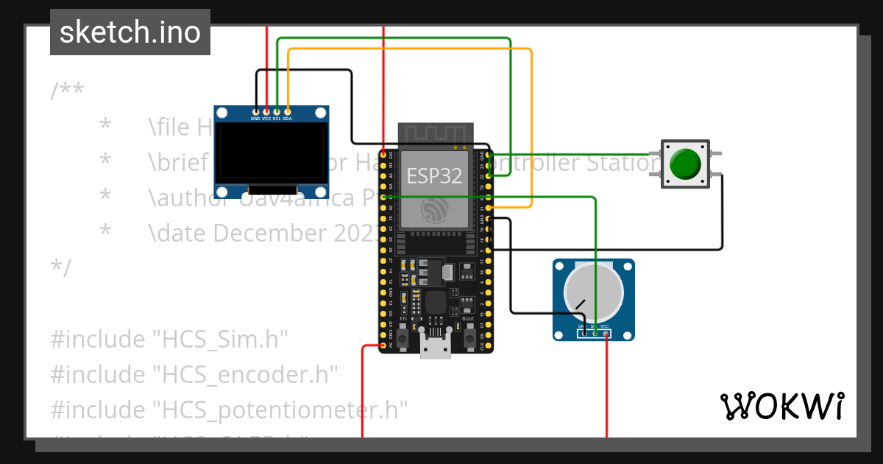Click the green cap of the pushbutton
click(686, 164)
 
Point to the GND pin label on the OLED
click(255, 119)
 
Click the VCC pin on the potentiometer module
click(606, 334)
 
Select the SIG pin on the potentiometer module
click(595, 334)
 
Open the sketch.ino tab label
click(130, 32)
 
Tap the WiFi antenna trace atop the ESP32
click(434, 134)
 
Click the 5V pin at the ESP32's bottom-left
click(383, 345)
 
